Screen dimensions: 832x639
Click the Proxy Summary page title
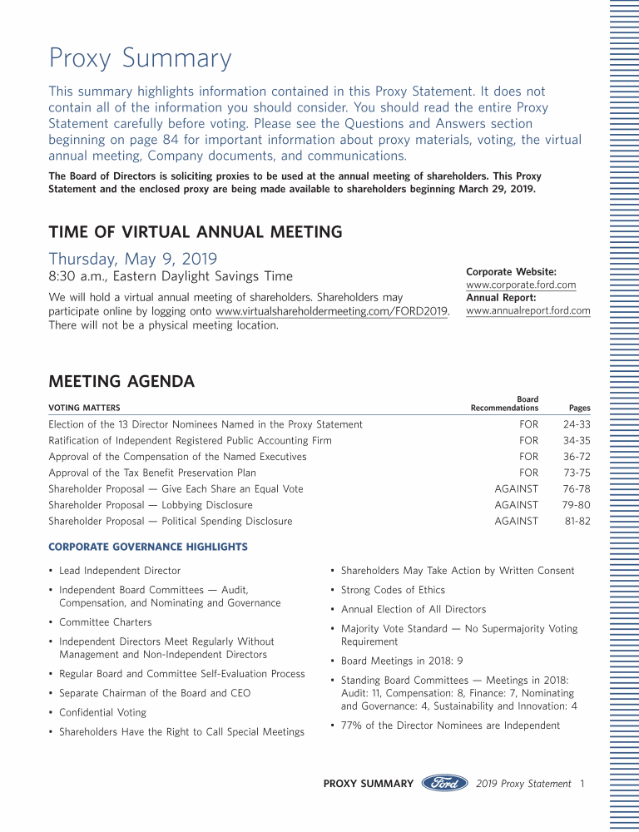140,59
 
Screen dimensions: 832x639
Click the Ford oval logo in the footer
444,784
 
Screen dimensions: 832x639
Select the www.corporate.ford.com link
521,285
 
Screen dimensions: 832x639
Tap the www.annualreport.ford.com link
528,311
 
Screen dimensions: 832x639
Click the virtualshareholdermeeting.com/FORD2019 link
332,312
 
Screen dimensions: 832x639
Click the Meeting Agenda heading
121,382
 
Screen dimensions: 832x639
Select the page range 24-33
577,424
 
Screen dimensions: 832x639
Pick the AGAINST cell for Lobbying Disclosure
516,505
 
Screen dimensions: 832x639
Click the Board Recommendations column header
504,404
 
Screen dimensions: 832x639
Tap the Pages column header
579,409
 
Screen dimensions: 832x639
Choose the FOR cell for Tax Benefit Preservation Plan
528,473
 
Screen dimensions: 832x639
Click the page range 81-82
577,522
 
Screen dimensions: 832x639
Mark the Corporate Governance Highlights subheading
148,547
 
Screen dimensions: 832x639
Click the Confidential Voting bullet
102,712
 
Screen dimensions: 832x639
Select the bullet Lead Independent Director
119,571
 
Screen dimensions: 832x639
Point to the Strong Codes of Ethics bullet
393,590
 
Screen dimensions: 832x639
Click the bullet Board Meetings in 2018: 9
401,661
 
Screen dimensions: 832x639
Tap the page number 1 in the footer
583,784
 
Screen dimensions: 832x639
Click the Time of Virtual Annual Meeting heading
196,232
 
